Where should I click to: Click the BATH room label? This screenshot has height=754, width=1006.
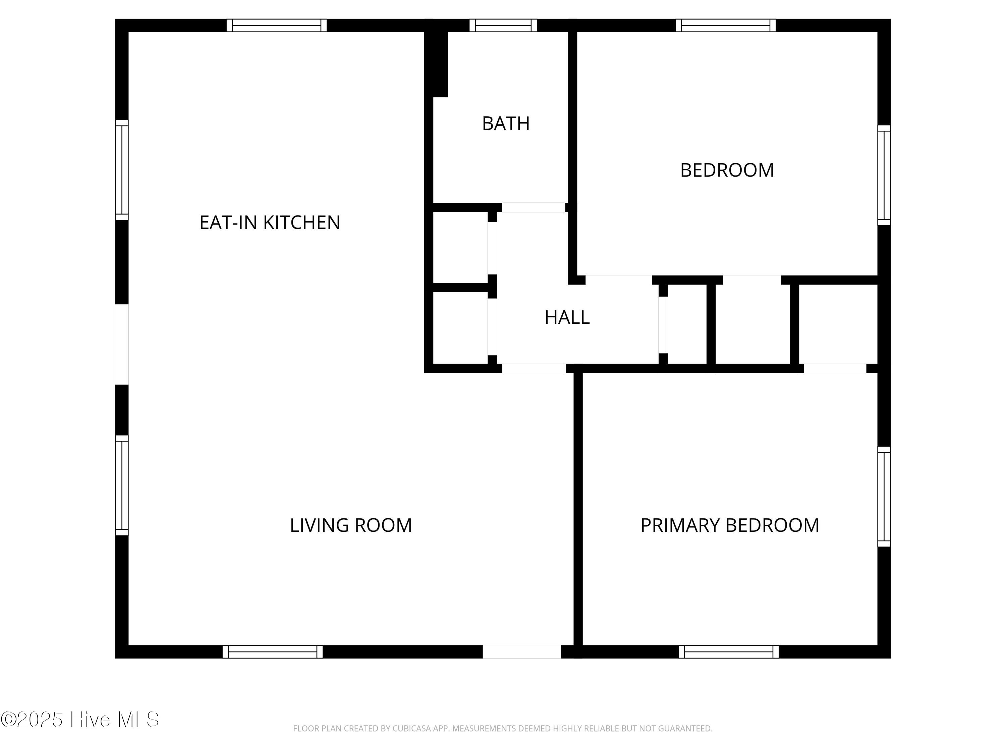click(506, 124)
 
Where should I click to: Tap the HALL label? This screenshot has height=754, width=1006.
click(567, 317)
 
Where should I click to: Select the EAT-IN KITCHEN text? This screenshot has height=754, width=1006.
click(270, 222)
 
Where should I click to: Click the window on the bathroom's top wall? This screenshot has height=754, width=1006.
click(503, 25)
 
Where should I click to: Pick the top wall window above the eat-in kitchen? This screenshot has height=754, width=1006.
click(277, 25)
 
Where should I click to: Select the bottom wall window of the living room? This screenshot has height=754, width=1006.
click(272, 652)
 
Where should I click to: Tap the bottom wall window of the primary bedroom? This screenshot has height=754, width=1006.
click(729, 652)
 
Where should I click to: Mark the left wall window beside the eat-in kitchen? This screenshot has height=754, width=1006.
click(122, 170)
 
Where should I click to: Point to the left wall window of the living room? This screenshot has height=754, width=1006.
click(122, 485)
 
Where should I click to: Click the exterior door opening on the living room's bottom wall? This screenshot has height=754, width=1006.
click(522, 652)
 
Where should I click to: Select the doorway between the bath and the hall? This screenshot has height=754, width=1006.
click(534, 207)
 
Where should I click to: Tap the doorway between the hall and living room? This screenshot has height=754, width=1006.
click(534, 369)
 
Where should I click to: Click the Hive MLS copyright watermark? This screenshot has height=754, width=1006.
click(79, 719)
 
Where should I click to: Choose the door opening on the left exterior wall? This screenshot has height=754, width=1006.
click(122, 344)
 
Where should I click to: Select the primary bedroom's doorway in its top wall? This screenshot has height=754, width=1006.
click(835, 369)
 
